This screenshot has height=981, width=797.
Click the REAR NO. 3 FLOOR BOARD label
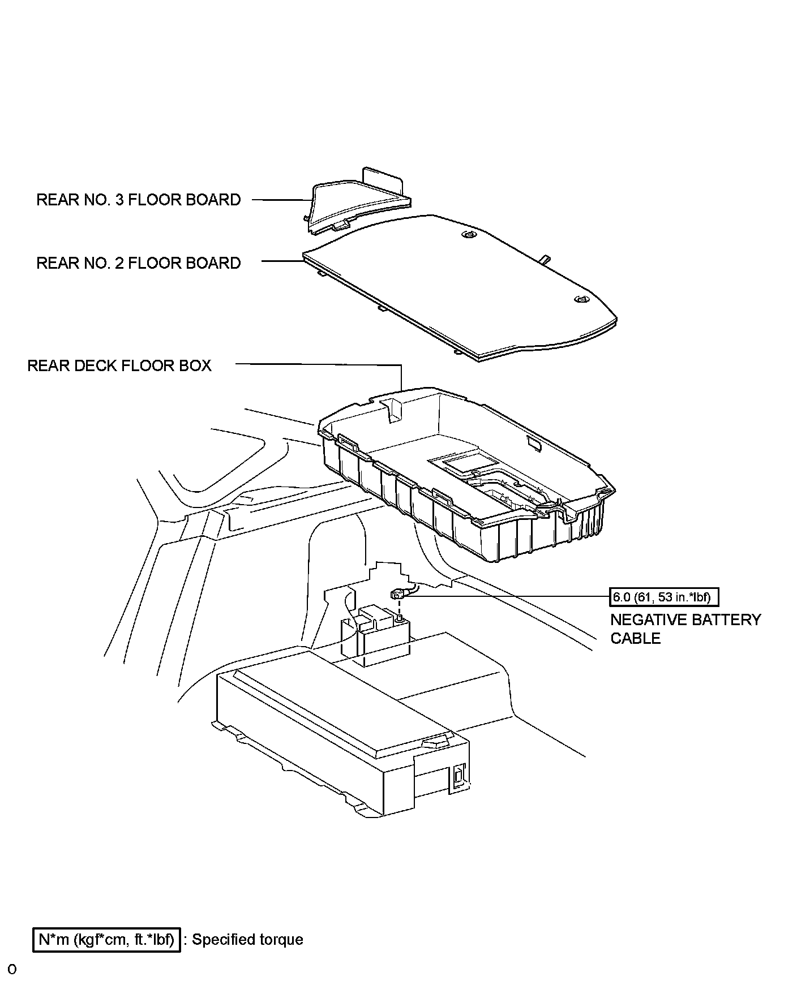(138, 200)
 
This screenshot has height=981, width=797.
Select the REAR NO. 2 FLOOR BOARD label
(138, 263)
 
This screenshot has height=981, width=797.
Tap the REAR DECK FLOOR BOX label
(119, 365)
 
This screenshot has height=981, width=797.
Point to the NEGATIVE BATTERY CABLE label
(685, 629)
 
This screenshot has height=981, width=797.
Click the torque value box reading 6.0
(663, 597)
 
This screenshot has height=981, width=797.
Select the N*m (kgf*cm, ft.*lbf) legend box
(106, 940)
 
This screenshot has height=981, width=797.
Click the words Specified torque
(247, 940)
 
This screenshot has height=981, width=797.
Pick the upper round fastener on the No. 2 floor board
(469, 234)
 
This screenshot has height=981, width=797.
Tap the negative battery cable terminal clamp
(397, 595)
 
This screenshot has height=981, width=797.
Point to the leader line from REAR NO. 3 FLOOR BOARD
(280, 200)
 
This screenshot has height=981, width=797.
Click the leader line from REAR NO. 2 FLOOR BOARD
(282, 261)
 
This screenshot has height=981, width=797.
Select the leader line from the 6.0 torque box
(509, 596)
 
